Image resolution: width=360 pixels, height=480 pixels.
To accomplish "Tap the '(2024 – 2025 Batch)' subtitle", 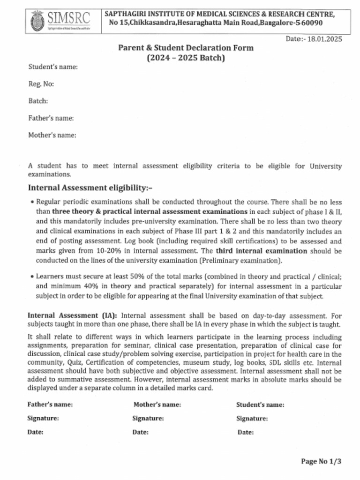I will point(186,58).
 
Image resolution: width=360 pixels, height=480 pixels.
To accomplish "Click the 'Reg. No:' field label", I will point(41,84).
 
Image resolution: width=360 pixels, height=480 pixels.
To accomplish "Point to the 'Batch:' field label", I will point(38,101).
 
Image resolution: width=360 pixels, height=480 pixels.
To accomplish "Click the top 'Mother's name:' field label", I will point(52,135).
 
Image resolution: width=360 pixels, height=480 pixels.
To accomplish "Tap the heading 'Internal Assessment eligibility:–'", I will point(90,188).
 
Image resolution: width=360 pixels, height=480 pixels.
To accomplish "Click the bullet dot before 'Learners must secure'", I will point(31,277).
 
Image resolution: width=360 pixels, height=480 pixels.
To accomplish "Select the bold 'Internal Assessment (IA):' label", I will point(73,315).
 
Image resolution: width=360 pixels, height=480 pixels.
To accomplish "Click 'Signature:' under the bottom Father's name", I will point(43,419).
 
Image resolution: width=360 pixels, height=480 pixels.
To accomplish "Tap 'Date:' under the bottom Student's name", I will point(246,433).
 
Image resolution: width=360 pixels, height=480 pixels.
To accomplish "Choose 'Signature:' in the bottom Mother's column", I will point(148,419).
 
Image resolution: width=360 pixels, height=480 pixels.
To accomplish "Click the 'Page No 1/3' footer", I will point(321,461).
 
